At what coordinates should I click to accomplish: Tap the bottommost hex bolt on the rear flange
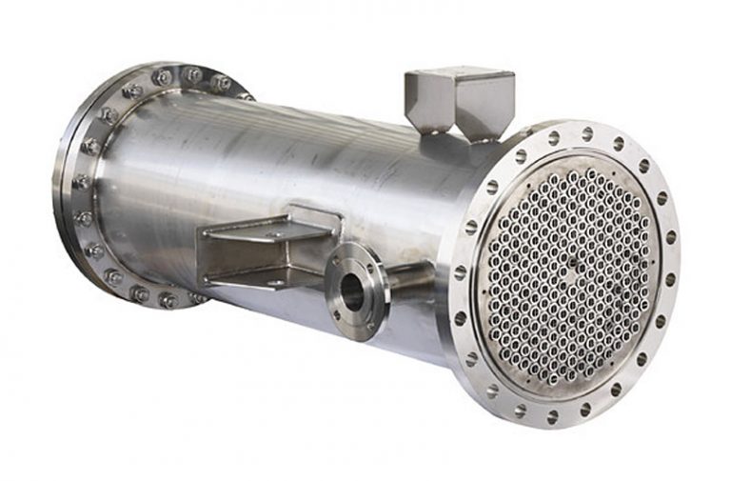168,300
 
